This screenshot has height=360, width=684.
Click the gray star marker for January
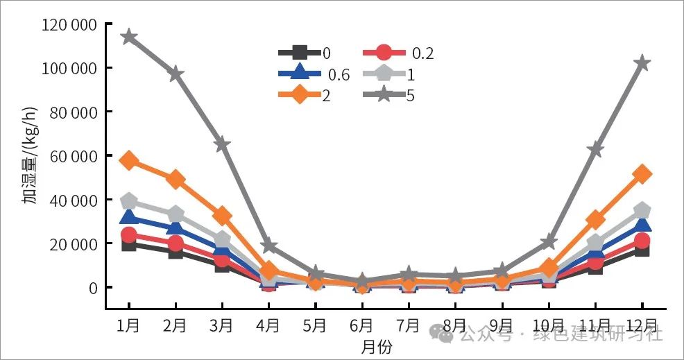[x=128, y=37]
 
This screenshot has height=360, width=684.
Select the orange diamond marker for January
[x=128, y=160]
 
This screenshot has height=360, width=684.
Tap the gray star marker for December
[x=642, y=63]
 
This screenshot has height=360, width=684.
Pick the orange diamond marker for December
[x=642, y=174]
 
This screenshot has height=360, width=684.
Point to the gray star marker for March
[x=222, y=144]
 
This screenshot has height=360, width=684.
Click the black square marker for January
[x=128, y=243]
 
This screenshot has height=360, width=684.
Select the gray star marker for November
[x=595, y=149]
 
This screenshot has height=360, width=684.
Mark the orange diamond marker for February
[x=176, y=179]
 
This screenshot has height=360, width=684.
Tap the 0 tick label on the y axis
[x=91, y=287]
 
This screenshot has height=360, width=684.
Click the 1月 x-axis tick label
[x=128, y=325]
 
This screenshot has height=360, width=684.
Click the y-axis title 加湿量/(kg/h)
[x=30, y=156]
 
